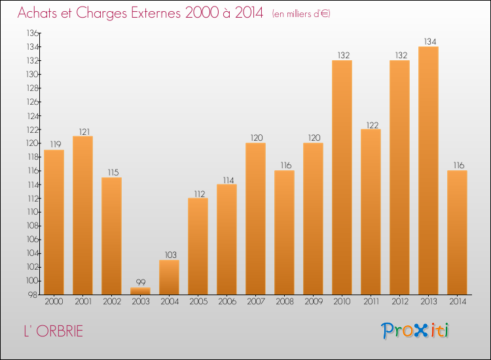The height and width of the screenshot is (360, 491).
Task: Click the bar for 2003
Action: pyautogui.click(x=140, y=291)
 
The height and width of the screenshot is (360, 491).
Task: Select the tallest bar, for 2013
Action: pyautogui.click(x=428, y=170)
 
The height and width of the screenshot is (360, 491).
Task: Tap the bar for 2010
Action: pyautogui.click(x=342, y=177)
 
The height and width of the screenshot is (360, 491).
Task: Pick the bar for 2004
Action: pyautogui.click(x=169, y=277)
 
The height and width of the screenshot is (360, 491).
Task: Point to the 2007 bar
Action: pyautogui.click(x=255, y=219)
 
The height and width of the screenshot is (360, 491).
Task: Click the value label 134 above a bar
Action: pyautogui.click(x=430, y=41)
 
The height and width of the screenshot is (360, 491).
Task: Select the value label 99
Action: pyautogui.click(x=141, y=282)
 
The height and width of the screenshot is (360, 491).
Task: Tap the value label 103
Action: pyautogui.click(x=171, y=255)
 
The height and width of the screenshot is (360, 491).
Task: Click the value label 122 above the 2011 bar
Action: pyautogui.click(x=373, y=125)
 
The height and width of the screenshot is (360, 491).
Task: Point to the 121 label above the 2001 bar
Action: pyautogui.click(x=84, y=132)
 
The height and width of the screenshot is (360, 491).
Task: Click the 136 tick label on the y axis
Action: pyautogui.click(x=32, y=33)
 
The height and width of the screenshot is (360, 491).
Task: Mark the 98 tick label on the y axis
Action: pyautogui.click(x=33, y=295)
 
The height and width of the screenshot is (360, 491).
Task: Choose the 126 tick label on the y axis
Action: pyautogui.click(x=32, y=101)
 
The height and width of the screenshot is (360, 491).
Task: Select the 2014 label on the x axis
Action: pyautogui.click(x=458, y=301)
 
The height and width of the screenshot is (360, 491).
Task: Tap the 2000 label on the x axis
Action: pyautogui.click(x=54, y=301)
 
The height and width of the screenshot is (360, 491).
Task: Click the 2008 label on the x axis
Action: pyautogui.click(x=285, y=301)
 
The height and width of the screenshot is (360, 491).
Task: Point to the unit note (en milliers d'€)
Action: pyautogui.click(x=301, y=14)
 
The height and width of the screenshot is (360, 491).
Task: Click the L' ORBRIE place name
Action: pyautogui.click(x=54, y=331)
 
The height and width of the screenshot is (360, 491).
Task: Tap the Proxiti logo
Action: pyautogui.click(x=415, y=331)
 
